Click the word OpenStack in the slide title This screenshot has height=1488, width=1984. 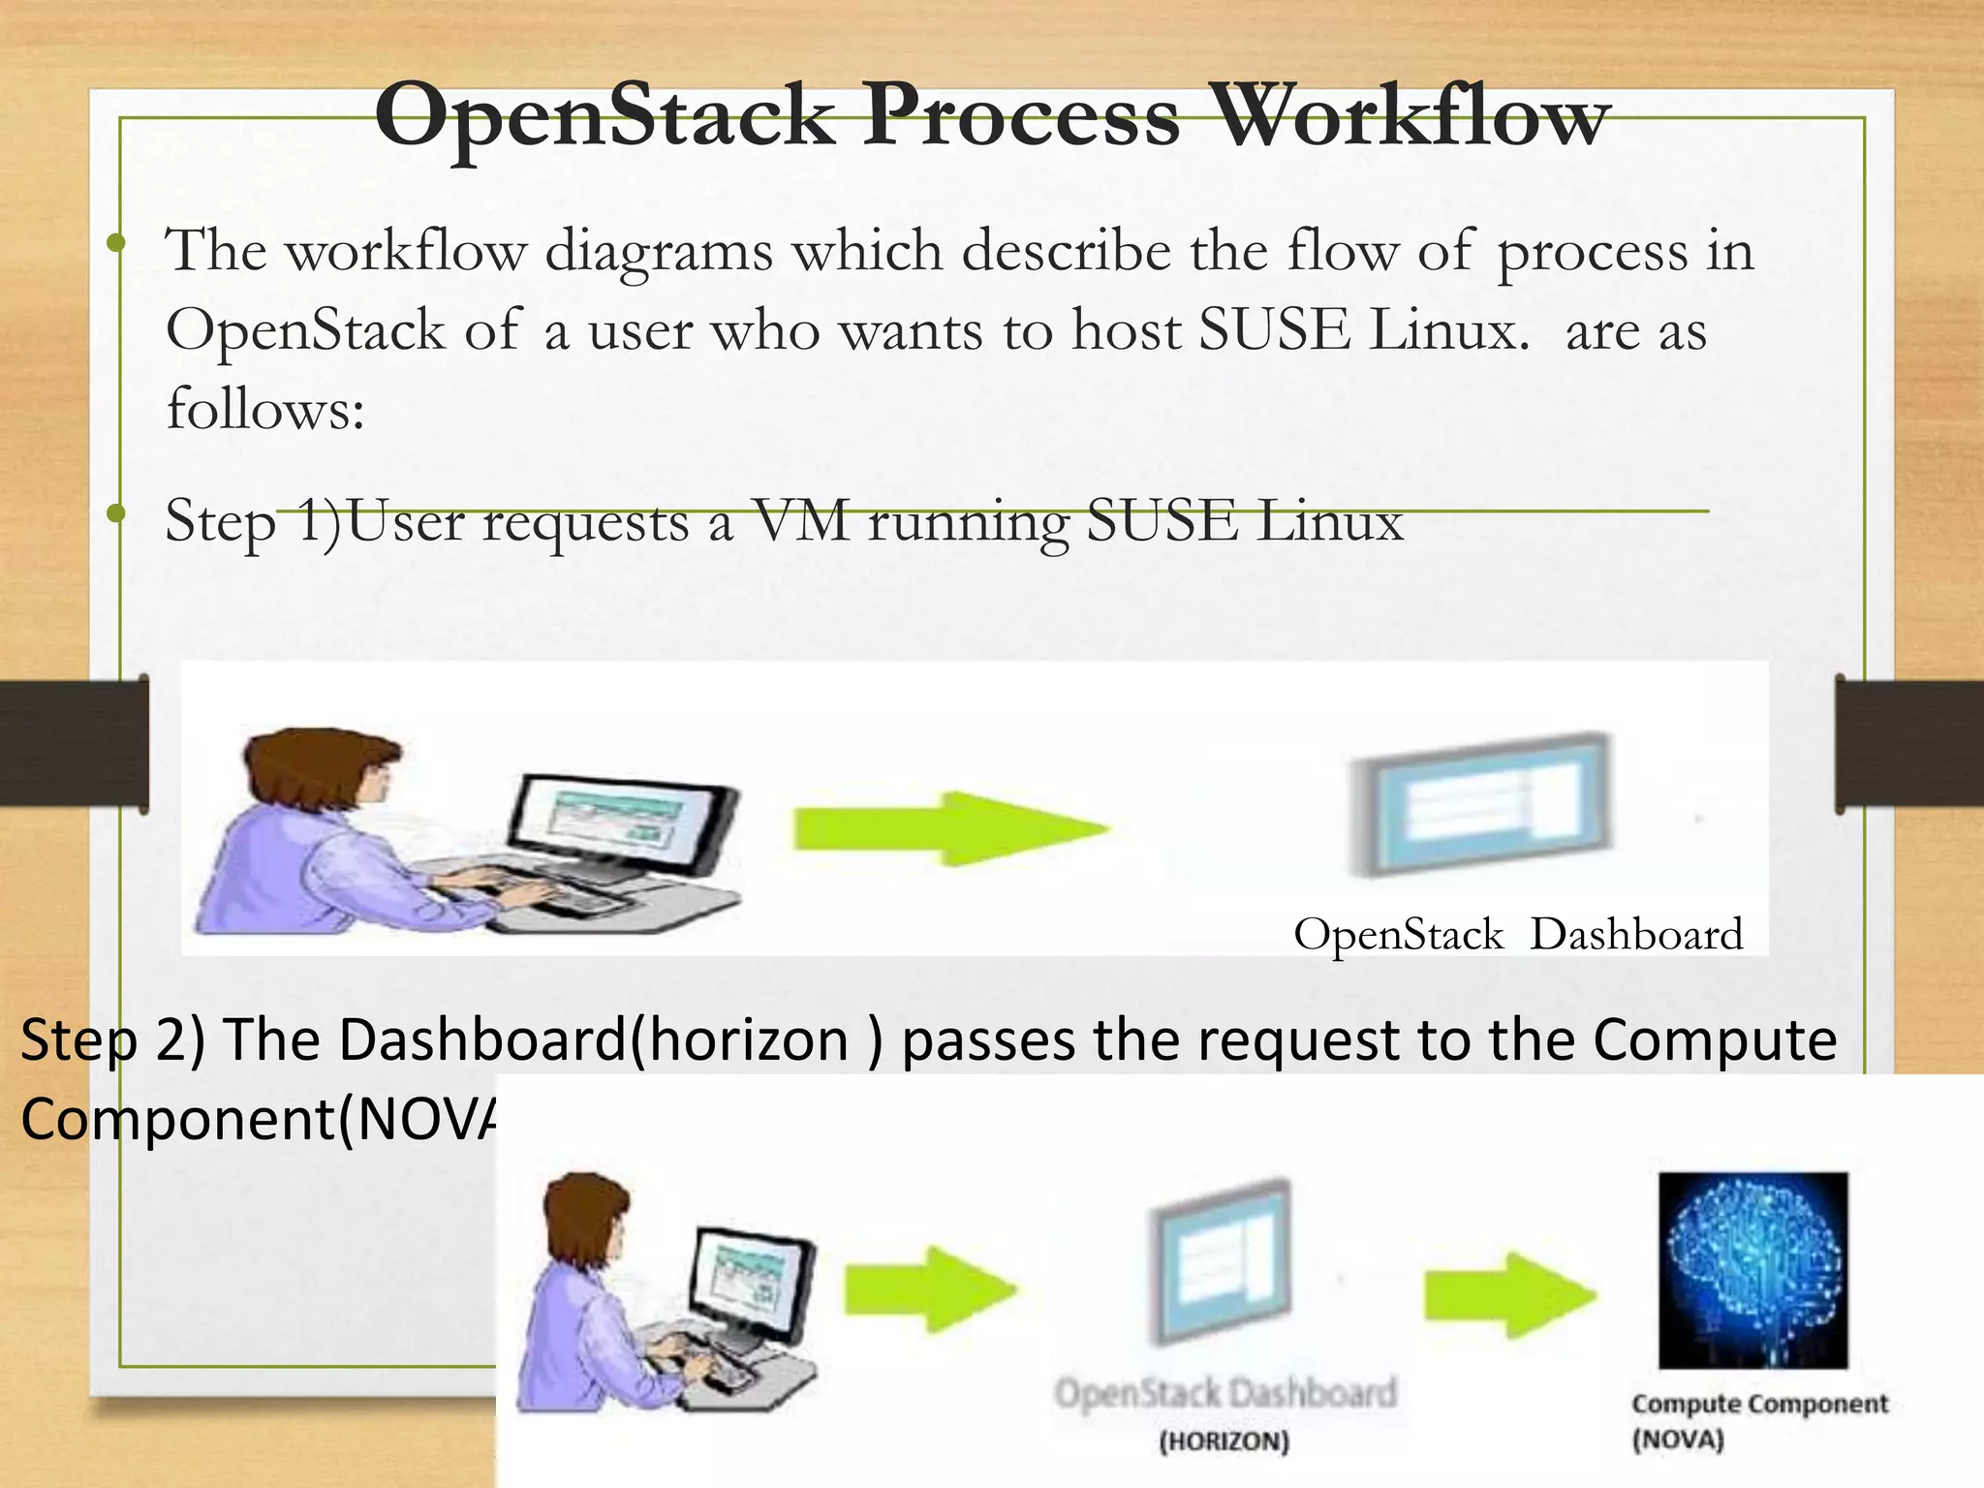[x=605, y=118]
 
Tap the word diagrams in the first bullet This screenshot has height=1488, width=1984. [x=659, y=252]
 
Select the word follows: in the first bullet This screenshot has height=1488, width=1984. [x=265, y=409]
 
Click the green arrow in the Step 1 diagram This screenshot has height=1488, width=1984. [x=949, y=828]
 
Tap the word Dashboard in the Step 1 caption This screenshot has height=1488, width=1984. [x=1636, y=935]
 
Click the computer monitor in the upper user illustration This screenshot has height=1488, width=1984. [x=620, y=823]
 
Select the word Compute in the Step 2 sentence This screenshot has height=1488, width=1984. [x=1715, y=1040]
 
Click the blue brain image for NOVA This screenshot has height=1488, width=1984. [x=1752, y=1269]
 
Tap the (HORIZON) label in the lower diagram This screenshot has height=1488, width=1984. [x=1224, y=1441]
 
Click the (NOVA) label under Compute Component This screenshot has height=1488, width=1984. [x=1678, y=1440]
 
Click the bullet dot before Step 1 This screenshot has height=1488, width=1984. [x=116, y=513]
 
